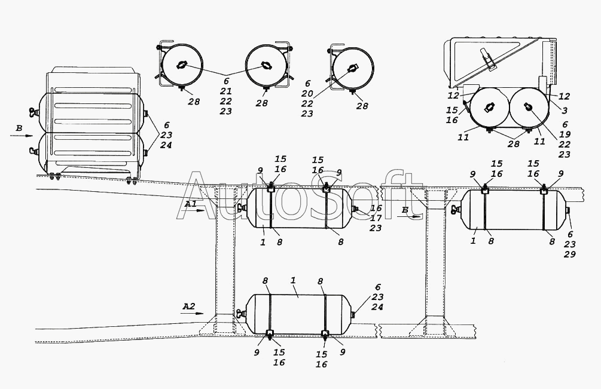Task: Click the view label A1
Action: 190,204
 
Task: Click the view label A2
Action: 188,307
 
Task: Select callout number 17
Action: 376,218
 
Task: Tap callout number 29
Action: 569,254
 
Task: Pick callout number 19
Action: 565,134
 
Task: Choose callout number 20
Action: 307,94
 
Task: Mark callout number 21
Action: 226,91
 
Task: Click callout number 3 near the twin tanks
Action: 565,111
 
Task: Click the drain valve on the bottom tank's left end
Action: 241,314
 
